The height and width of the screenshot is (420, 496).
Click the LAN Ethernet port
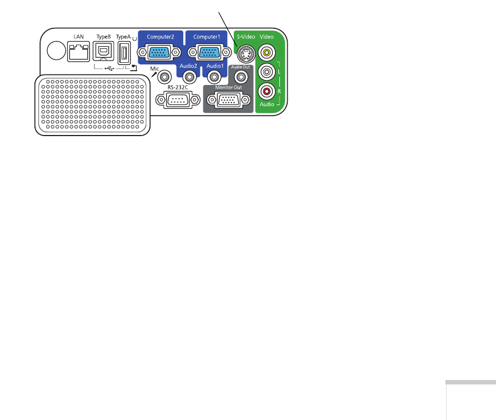tap(78, 51)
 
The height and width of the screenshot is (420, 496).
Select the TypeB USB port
tap(103, 51)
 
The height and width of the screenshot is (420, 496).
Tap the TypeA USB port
tap(124, 53)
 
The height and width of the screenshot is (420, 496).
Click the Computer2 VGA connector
tap(159, 52)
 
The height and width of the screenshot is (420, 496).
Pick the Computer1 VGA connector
tap(209, 52)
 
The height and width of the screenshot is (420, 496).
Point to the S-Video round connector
tap(246, 54)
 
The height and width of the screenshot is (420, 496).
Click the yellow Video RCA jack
tap(267, 52)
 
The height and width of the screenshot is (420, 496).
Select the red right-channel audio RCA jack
tap(267, 92)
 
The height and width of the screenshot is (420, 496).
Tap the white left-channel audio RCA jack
tap(267, 72)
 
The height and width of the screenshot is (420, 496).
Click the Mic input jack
tap(164, 77)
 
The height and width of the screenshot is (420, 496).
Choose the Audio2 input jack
tap(189, 77)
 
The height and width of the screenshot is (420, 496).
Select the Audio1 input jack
tap(214, 77)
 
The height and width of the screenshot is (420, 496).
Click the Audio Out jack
tap(241, 76)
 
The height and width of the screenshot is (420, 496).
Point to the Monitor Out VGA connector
tap(229, 100)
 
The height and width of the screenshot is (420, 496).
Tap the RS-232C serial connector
tap(178, 100)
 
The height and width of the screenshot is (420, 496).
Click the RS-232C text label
tap(178, 87)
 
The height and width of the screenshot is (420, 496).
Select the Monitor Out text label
tap(228, 87)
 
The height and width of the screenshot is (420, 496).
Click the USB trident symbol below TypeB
tap(109, 68)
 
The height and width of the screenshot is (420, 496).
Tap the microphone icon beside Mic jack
tap(154, 74)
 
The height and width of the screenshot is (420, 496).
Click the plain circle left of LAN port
tap(56, 51)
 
